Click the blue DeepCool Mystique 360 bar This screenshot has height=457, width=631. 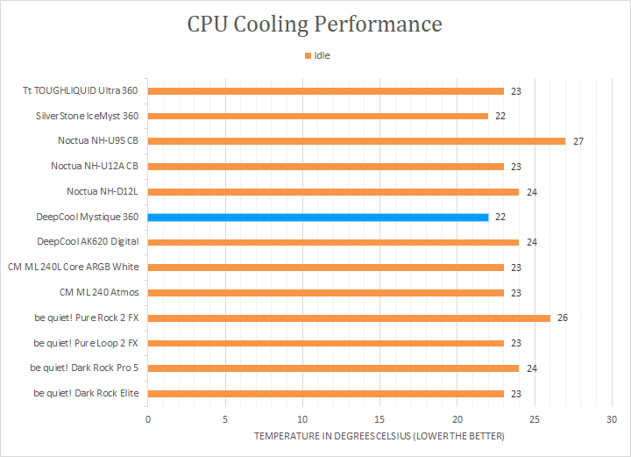pos(318,217)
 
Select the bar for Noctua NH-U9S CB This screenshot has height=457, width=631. pos(357,140)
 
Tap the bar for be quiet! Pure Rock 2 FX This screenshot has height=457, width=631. pos(349,318)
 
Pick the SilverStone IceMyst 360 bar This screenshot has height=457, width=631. pos(318,116)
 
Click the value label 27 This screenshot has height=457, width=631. pos(578,141)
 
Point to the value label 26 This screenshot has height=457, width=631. pos(563,318)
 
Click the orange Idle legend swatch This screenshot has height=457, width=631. pos(308,55)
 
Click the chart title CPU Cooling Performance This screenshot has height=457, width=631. pos(315,23)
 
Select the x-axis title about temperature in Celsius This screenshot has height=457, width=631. pos(379,436)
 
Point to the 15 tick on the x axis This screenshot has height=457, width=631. pos(379,418)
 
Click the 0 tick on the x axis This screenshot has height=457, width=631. pos(148,418)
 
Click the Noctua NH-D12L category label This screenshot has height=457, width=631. pos(103,191)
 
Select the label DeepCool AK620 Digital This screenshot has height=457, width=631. pos(88,241)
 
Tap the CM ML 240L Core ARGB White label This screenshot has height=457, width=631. pos(73,267)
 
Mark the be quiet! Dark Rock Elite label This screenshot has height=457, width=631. pos(86,393)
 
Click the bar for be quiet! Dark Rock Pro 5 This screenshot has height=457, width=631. pos(333,368)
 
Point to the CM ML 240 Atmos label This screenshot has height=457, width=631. pos(99,292)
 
